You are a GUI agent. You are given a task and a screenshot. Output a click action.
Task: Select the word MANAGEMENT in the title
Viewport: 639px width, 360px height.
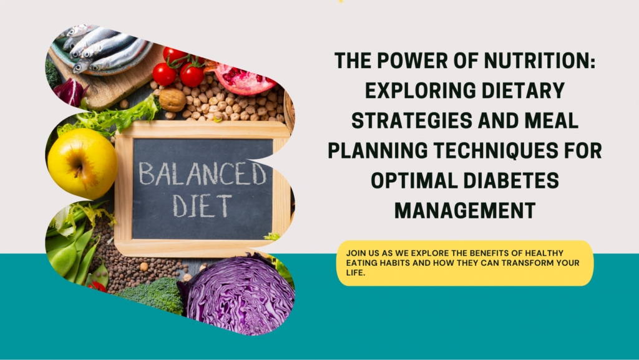tap(465, 210)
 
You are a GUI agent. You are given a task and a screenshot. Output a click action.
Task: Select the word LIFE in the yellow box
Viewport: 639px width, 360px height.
tap(355, 273)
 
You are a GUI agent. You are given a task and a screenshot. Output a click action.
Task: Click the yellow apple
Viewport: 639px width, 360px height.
tap(83, 163)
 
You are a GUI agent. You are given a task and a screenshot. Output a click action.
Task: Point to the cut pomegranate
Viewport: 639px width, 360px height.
tap(244, 77)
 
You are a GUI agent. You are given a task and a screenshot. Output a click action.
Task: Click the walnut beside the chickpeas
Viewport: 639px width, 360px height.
tap(172, 100)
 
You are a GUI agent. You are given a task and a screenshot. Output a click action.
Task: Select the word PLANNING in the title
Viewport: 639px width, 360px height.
tap(378, 150)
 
